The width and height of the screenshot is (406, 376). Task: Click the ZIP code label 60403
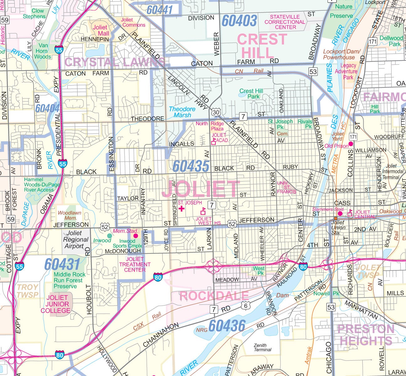point(239,21)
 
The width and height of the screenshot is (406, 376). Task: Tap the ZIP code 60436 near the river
point(227,326)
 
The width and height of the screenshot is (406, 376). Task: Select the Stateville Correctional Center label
point(285,22)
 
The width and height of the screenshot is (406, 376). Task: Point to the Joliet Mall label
point(100,30)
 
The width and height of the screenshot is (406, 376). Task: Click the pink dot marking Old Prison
point(351,144)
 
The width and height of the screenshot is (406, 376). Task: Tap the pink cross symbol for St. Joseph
point(181,209)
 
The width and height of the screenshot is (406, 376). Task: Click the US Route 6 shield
point(246,305)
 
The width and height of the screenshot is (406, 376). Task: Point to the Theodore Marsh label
point(182,112)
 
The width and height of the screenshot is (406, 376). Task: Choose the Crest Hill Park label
point(251,94)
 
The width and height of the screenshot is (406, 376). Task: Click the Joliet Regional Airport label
point(74,239)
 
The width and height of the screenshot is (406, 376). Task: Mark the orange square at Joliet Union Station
point(336,218)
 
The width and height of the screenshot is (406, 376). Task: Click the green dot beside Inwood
point(109,235)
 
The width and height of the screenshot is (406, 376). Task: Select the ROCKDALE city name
point(214,295)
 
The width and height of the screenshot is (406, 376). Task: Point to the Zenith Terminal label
point(262,347)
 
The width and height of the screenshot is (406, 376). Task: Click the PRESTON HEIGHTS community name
point(366,335)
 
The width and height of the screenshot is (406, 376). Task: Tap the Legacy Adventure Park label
point(348,71)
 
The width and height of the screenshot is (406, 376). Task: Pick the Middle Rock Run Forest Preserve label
point(69,280)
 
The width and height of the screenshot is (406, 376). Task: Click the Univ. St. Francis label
point(286,187)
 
